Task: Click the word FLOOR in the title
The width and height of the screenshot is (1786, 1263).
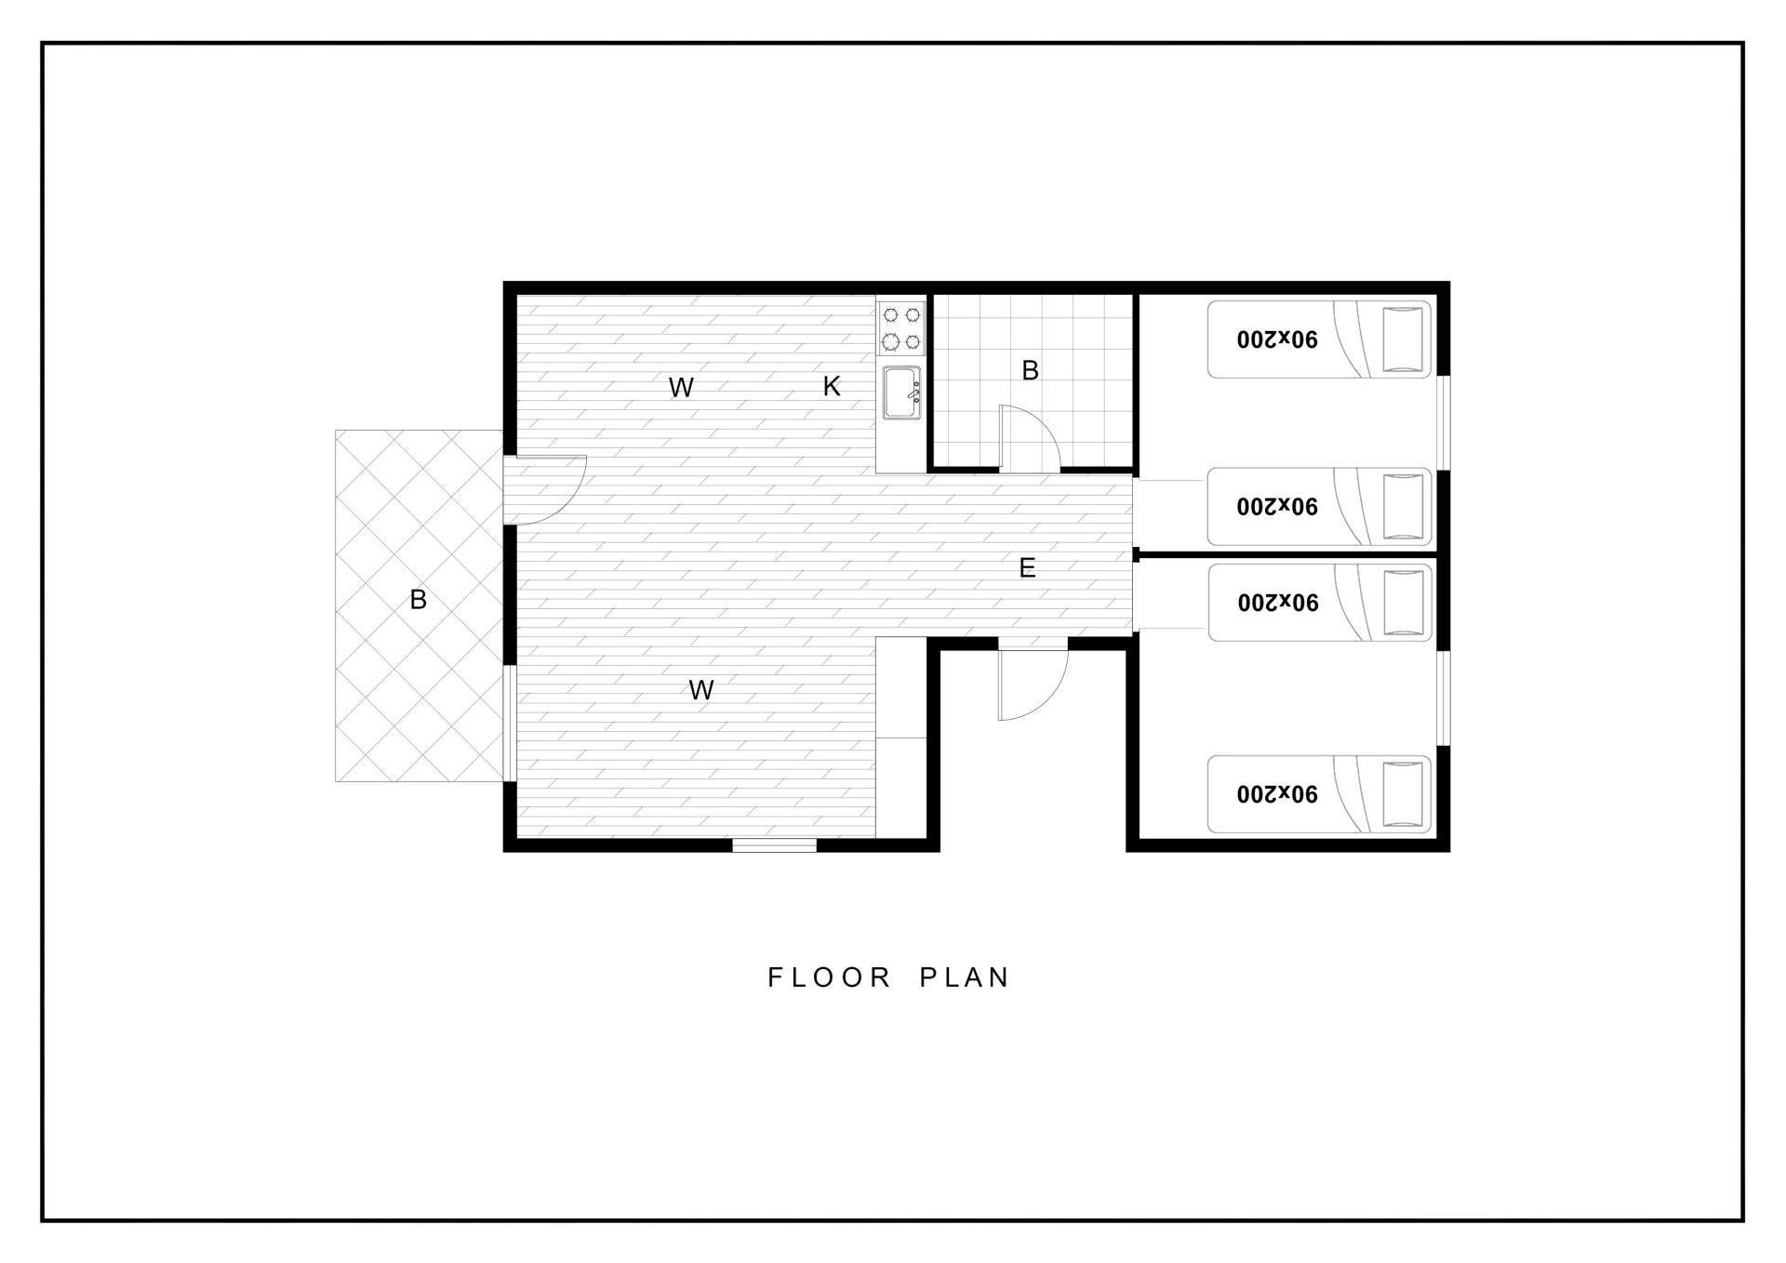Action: coord(830,977)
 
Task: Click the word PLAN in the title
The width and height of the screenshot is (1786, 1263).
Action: coord(965,977)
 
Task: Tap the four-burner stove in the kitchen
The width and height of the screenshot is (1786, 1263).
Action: coord(901,328)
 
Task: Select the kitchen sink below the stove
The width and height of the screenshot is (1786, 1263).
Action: coord(901,392)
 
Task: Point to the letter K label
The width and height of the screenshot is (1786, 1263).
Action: coord(832,387)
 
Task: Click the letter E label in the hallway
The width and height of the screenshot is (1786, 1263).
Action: coord(1027,568)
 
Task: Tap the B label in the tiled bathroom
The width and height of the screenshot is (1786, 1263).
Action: coord(1030,370)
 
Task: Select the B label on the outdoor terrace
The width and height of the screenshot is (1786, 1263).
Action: coord(418,600)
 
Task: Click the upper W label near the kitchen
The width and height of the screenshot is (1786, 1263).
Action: coord(681,388)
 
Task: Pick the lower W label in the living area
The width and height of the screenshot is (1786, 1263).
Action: coord(701,690)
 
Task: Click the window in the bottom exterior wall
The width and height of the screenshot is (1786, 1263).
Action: coord(774,845)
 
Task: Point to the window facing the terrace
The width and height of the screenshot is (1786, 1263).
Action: coord(509,723)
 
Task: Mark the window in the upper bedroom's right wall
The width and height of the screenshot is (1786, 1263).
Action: coord(1443,422)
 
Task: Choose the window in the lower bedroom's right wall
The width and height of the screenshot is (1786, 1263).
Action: coord(1443,698)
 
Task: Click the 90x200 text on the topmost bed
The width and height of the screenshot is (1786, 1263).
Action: coord(1277,339)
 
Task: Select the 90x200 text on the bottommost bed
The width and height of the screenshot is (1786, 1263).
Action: coord(1277,794)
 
